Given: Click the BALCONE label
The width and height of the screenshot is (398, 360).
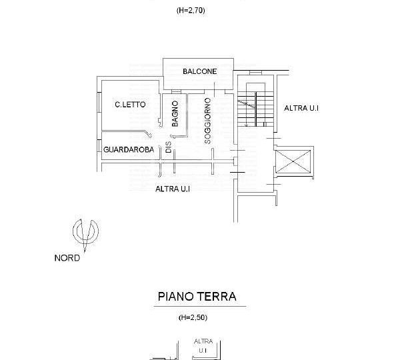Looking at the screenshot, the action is pyautogui.click(x=200, y=71).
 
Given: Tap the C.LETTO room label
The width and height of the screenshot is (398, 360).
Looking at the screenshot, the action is pyautogui.click(x=130, y=105).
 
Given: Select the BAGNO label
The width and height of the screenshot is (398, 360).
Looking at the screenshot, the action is pyautogui.click(x=175, y=114).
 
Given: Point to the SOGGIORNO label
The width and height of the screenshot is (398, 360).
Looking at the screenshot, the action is pyautogui.click(x=207, y=121).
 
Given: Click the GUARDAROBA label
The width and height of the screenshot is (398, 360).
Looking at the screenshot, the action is pyautogui.click(x=129, y=149).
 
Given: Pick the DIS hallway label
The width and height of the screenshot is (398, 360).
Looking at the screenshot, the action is pyautogui.click(x=169, y=147).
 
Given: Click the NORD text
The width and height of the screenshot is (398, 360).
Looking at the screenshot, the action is pyautogui.click(x=67, y=258).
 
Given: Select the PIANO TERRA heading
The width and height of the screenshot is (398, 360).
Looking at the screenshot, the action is pyautogui.click(x=197, y=297).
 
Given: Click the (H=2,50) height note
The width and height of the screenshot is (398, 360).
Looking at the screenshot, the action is pyautogui.click(x=193, y=317).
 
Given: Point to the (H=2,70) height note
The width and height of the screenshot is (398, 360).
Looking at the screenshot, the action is pyautogui.click(x=191, y=11).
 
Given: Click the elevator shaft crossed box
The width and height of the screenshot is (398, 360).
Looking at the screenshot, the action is pyautogui.click(x=293, y=161).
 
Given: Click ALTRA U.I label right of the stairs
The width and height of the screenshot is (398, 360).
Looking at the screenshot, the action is pyautogui.click(x=301, y=108).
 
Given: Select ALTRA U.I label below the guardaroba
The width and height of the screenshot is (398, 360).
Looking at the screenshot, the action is pyautogui.click(x=173, y=189).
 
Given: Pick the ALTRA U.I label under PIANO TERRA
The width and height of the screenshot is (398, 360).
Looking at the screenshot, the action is pyautogui.click(x=203, y=346).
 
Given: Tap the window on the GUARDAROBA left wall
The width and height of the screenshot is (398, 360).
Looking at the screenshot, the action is pyautogui.click(x=99, y=146).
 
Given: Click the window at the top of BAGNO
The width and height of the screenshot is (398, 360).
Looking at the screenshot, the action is pyautogui.click(x=176, y=91).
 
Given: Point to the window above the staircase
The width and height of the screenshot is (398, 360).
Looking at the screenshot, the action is pyautogui.click(x=255, y=73).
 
